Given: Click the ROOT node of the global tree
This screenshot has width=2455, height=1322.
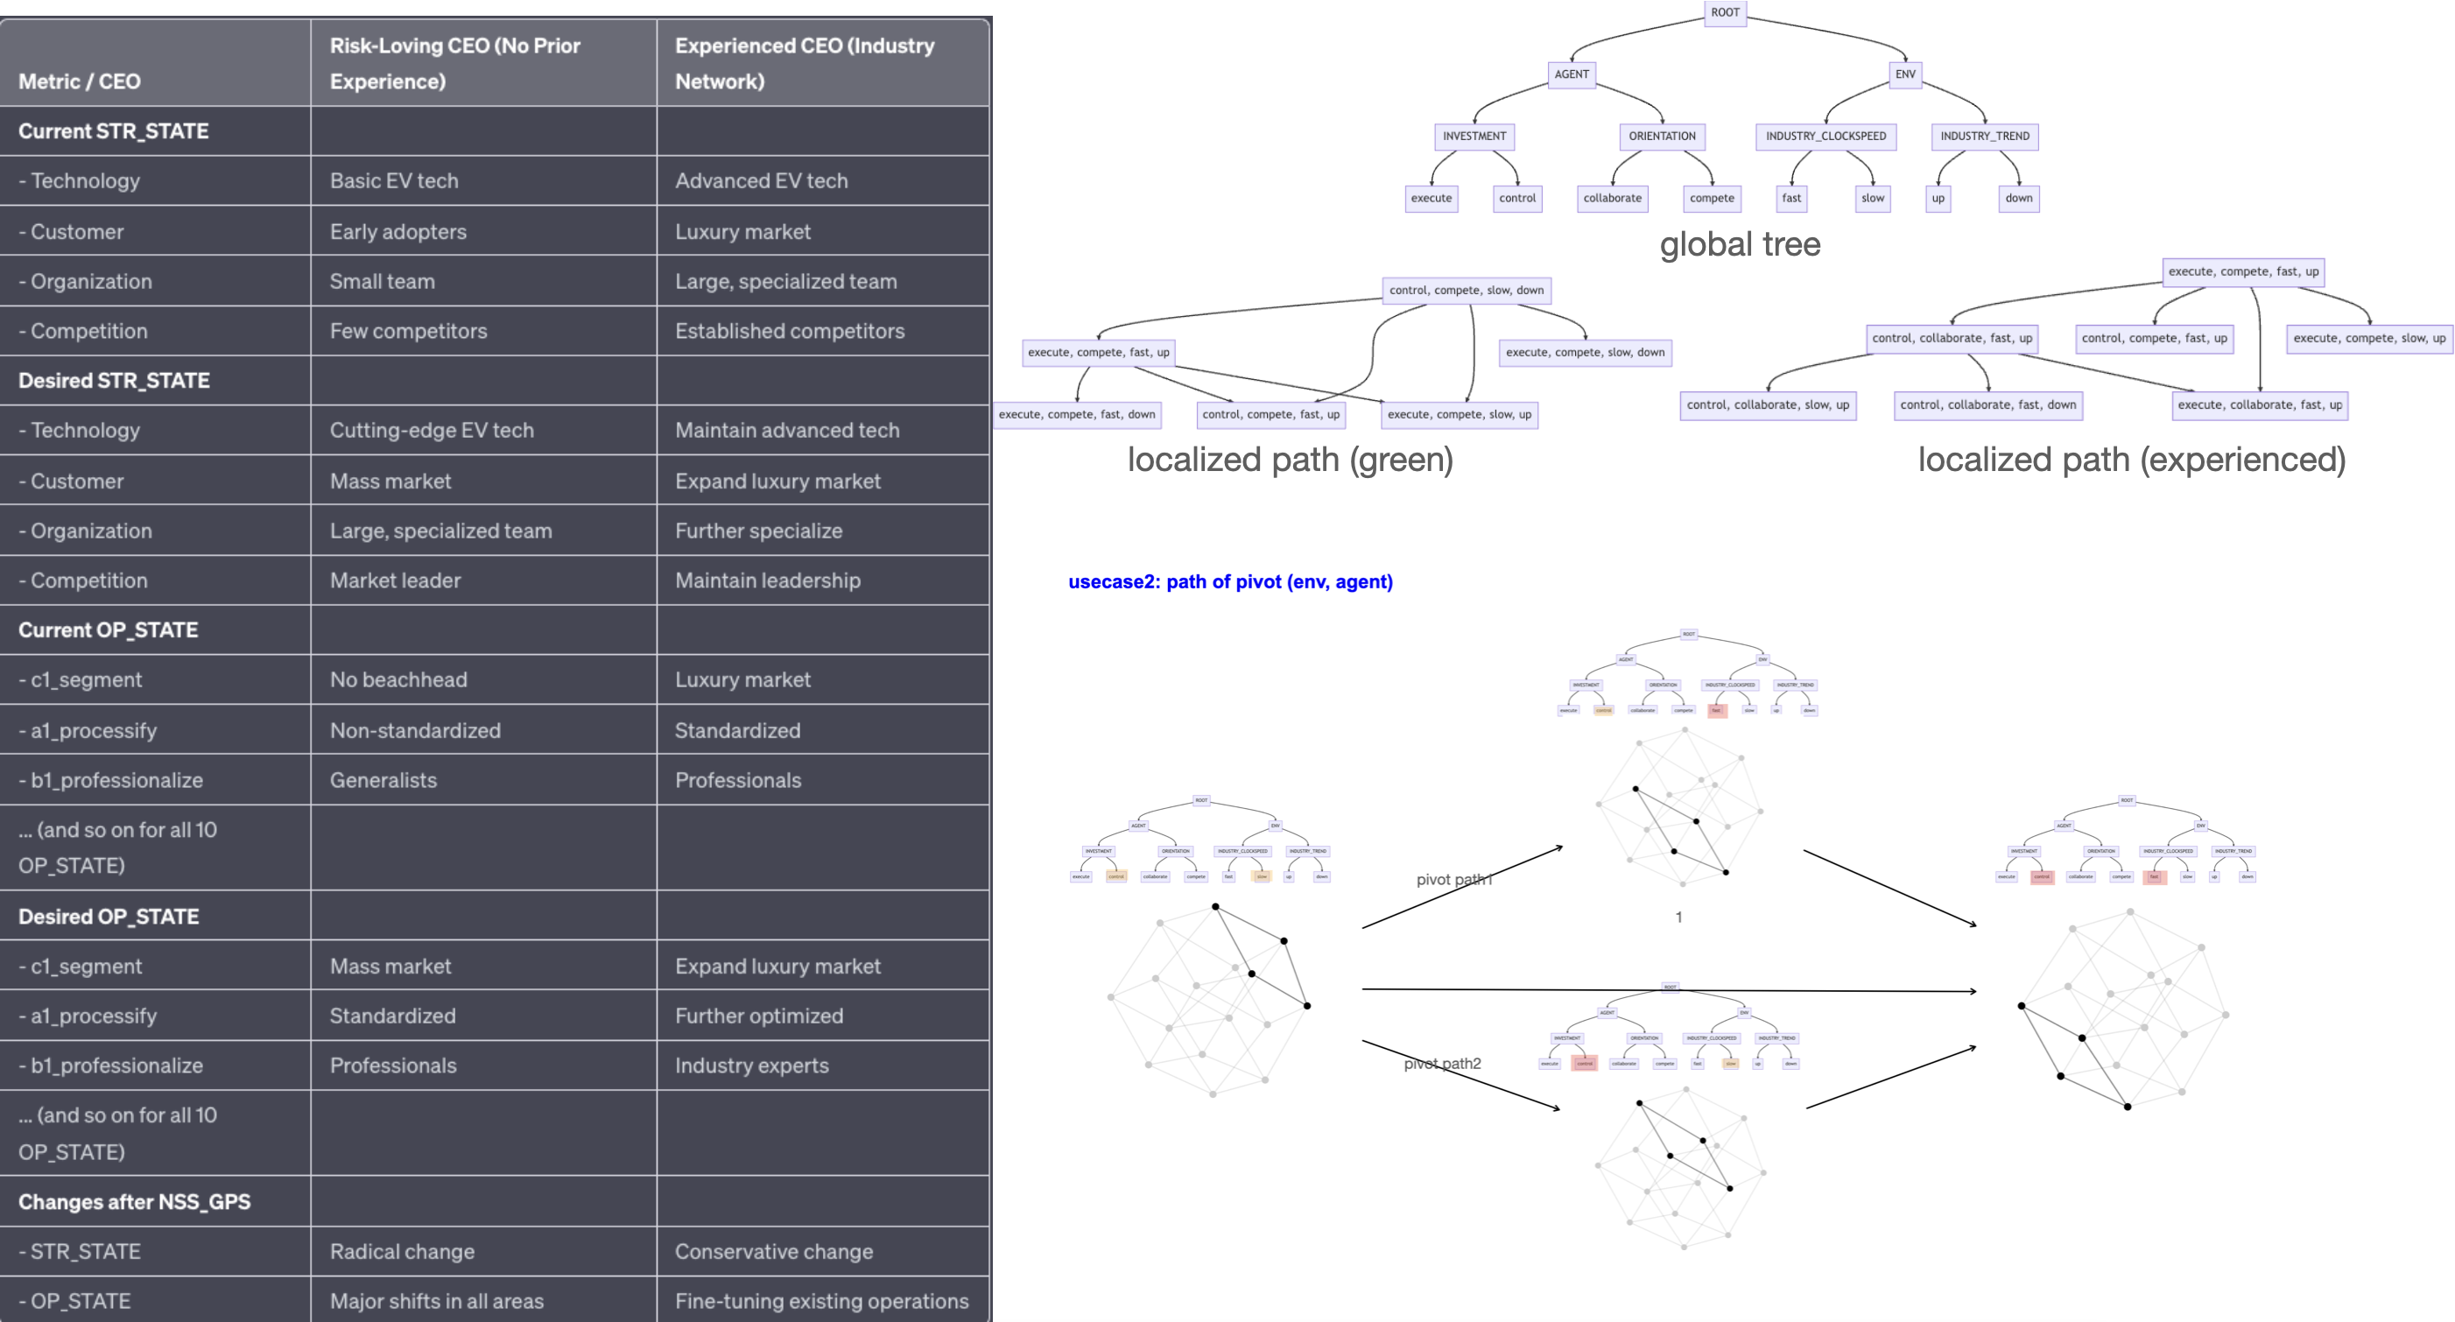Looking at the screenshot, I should point(1725,12).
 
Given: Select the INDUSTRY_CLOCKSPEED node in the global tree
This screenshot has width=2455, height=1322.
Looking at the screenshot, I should point(1825,137).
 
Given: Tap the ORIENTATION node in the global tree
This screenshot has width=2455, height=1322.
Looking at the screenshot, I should point(1662,137).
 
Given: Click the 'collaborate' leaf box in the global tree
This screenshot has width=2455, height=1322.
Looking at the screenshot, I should point(1613,198).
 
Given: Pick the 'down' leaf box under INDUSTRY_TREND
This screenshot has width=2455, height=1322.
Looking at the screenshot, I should point(2018,198).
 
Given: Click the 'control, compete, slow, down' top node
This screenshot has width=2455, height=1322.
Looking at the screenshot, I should point(1466,291).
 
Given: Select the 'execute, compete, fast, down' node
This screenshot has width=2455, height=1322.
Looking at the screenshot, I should point(1077,415).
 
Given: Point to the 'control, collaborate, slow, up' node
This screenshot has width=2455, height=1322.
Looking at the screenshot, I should point(1768,405).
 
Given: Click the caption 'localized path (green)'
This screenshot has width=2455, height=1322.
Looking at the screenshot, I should point(1291,461).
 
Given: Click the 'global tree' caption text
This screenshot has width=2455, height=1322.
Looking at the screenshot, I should point(1740,245).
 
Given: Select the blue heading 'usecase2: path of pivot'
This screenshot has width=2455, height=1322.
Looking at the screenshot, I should point(1229,582).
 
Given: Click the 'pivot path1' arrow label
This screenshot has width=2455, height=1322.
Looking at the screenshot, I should point(1453,880).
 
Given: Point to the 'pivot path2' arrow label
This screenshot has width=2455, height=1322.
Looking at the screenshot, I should point(1442,1064).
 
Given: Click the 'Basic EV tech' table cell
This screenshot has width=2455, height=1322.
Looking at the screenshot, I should point(394,181).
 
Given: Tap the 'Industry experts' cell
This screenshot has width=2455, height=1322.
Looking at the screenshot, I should point(751,1065).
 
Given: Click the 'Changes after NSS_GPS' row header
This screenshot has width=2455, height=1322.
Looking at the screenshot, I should point(134,1202).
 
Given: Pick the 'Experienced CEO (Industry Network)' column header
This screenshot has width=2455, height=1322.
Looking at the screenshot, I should point(805,63).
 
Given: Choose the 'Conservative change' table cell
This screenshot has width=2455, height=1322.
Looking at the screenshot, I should point(773,1251).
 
